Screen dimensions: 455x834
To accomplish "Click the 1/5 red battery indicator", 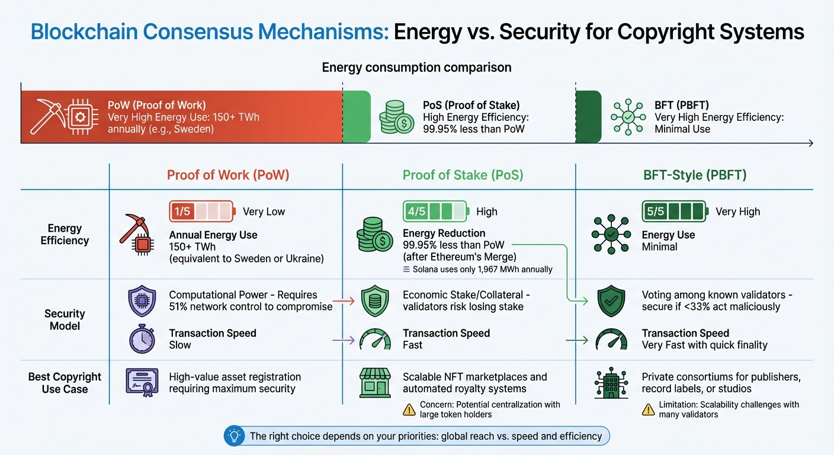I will (x=202, y=212).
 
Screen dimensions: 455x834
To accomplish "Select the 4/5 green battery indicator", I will (x=435, y=212).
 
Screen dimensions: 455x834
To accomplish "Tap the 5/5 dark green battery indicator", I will (x=675, y=212).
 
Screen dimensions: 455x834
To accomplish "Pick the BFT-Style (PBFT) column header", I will (x=695, y=175).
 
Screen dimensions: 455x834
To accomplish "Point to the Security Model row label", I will (x=65, y=319).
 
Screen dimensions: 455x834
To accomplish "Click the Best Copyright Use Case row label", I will (x=65, y=383).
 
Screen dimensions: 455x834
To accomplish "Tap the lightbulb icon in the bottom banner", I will (x=234, y=437).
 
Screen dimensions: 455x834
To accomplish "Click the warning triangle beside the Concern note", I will (x=409, y=409).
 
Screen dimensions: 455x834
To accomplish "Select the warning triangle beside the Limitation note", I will (x=649, y=409).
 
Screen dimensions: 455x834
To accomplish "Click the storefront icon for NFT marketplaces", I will (x=375, y=383).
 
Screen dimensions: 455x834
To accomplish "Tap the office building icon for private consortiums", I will (x=611, y=383).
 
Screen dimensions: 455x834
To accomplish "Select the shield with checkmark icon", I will (x=611, y=301).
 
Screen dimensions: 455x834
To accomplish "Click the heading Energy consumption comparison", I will (x=416, y=68).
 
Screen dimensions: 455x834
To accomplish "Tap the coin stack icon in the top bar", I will (x=396, y=117).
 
